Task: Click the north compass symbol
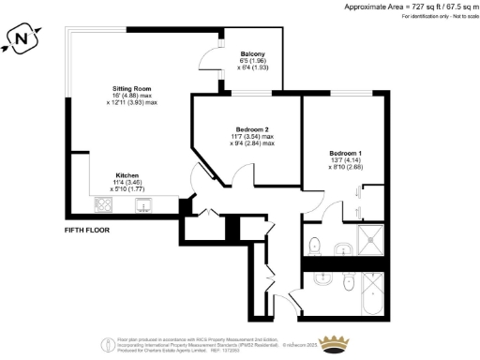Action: point(22,38)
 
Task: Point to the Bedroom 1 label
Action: point(345,152)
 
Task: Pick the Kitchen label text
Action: point(127,175)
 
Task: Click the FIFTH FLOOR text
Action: point(87,230)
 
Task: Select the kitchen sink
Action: point(143,204)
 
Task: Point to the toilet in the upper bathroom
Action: point(315,247)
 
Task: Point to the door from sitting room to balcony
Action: point(208,66)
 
